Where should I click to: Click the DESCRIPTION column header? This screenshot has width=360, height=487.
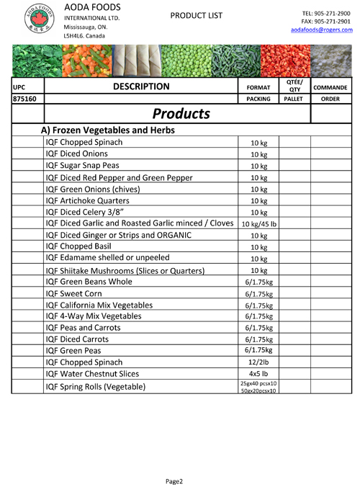pos(141,87)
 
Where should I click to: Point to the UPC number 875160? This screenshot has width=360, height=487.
pos(26,100)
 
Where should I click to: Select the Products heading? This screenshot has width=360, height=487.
pos(177,114)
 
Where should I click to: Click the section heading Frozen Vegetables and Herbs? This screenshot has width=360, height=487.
pos(115,130)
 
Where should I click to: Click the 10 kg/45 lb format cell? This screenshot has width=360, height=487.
pos(258,224)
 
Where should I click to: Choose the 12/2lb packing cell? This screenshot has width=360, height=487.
pos(258,362)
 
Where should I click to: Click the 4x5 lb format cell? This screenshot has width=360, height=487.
pos(258,374)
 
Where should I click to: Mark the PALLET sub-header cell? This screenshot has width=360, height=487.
pos(294,100)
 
